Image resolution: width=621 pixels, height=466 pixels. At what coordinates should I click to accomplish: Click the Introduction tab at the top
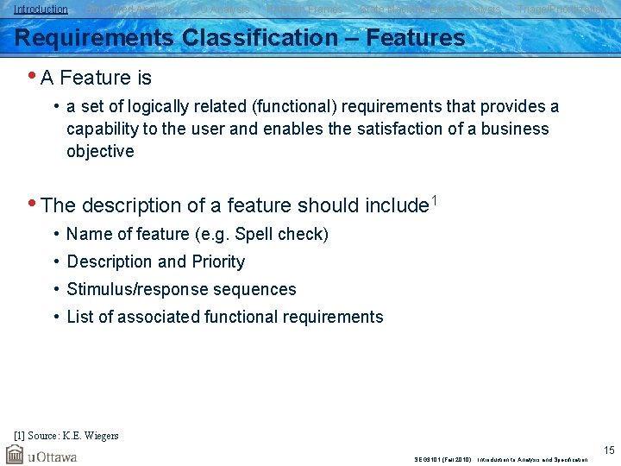(x=41, y=9)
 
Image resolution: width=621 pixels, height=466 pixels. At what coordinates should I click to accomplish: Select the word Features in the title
(x=416, y=38)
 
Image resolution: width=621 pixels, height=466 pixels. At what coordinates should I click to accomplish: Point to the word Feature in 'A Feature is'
(x=95, y=79)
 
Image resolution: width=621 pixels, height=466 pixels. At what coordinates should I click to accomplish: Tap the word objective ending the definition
(x=101, y=151)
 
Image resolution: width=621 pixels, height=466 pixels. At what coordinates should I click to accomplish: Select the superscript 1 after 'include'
(x=435, y=201)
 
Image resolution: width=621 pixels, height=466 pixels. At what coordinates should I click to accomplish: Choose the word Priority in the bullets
(x=216, y=261)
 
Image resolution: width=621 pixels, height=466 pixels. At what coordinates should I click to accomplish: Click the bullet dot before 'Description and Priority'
(x=56, y=261)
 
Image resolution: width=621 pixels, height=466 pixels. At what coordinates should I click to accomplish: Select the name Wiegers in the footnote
(x=100, y=436)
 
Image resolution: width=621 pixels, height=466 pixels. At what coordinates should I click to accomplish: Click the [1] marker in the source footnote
(x=20, y=436)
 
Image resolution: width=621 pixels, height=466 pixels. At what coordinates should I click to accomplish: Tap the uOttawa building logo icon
(x=15, y=454)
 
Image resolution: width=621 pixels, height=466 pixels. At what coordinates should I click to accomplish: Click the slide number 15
(x=608, y=449)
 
